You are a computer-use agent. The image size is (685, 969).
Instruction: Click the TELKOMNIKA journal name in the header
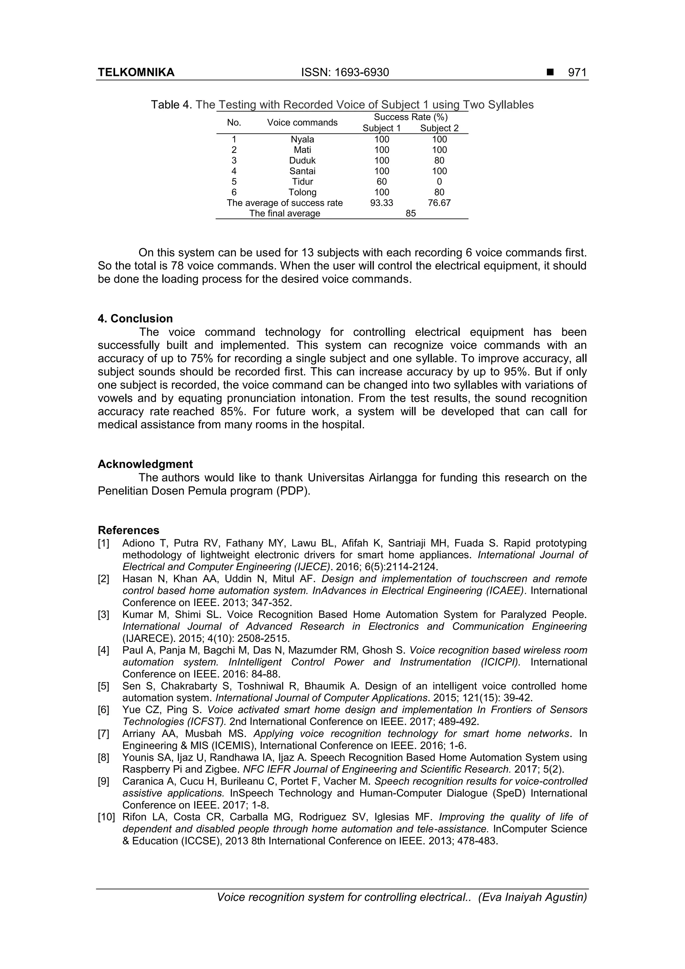pyautogui.click(x=136, y=73)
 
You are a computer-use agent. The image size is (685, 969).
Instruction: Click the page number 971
pyautogui.click(x=577, y=73)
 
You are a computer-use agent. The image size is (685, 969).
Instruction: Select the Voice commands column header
pyautogui.click(x=302, y=122)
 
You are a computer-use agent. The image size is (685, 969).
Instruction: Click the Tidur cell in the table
pyautogui.click(x=302, y=182)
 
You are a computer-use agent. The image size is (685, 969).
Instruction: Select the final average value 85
pyautogui.click(x=410, y=213)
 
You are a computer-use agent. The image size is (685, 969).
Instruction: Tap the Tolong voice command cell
pyautogui.click(x=302, y=192)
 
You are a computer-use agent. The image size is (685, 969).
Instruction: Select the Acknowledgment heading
pyautogui.click(x=145, y=464)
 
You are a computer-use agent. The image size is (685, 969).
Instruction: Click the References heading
pyautogui.click(x=128, y=530)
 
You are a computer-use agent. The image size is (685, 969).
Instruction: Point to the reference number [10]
pyautogui.click(x=106, y=817)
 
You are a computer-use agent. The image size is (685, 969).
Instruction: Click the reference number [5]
pyautogui.click(x=103, y=686)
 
